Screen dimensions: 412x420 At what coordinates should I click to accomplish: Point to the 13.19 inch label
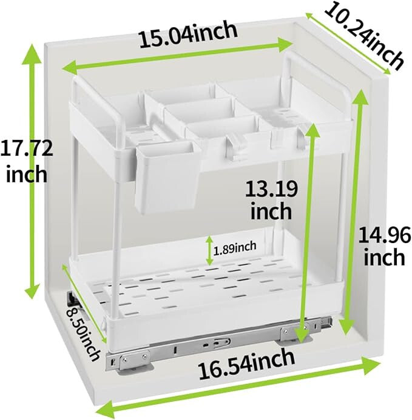(x=271, y=200)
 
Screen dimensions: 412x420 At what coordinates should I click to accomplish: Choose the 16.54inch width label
(x=246, y=365)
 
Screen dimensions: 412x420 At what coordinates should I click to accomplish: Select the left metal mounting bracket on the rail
(x=133, y=360)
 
